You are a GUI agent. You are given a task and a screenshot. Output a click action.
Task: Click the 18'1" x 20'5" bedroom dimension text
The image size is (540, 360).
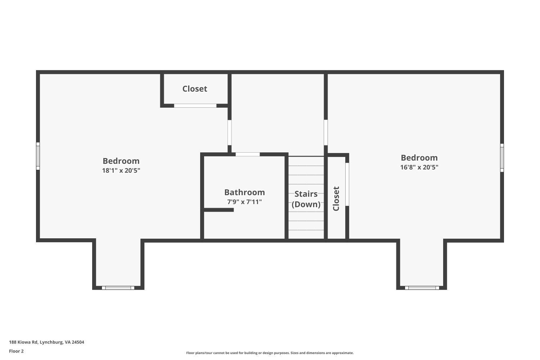point(121,171)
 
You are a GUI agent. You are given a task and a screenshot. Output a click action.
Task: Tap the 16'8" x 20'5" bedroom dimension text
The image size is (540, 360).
point(419,167)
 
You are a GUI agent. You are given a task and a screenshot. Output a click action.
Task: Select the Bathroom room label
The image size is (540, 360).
point(244,192)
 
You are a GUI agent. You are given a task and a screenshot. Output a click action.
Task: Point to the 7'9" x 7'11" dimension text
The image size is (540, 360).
point(244,202)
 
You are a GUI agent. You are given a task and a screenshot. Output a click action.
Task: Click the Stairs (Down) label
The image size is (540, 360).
point(306,199)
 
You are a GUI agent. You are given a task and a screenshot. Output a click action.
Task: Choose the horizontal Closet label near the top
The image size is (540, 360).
point(195,89)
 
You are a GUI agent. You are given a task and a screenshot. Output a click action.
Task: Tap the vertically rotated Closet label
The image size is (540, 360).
point(336,198)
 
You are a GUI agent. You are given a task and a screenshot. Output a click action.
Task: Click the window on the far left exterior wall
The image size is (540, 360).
point(38,156)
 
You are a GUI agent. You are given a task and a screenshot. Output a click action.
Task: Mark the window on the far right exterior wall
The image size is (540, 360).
point(502,158)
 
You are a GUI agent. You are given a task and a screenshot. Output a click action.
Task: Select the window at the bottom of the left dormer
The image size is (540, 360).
point(118,288)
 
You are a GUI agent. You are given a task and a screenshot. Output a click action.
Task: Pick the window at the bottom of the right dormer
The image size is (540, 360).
point(422,288)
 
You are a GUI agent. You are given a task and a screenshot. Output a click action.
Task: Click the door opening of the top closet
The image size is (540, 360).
point(195,105)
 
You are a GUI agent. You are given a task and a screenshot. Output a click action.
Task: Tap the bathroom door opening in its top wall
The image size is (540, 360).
point(248,154)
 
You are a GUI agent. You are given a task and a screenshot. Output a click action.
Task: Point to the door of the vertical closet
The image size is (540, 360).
point(347,184)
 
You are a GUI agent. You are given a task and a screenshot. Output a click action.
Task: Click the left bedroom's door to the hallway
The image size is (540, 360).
point(229,132)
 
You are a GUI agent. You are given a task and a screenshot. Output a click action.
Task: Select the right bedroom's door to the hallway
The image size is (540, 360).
point(325,132)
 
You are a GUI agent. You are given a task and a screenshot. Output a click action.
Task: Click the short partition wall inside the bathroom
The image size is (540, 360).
point(219,210)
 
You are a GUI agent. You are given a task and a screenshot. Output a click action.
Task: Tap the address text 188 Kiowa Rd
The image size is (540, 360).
point(46,342)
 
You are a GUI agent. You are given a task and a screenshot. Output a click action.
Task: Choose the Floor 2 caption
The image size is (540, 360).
point(16,351)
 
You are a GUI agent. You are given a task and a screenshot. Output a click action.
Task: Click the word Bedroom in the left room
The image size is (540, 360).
point(121,161)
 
